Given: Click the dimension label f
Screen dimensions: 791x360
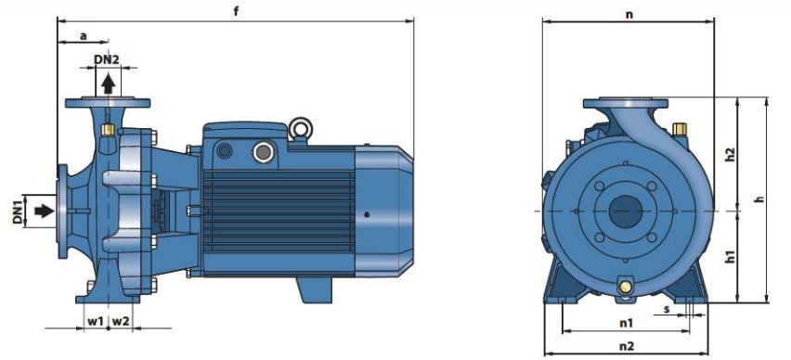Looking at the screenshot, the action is pyautogui.click(x=236, y=12).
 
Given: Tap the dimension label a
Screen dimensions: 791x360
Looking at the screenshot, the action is pyautogui.click(x=84, y=36).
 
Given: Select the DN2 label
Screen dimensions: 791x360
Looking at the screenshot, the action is pyautogui.click(x=107, y=59).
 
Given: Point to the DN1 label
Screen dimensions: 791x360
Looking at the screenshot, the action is pyautogui.click(x=19, y=212).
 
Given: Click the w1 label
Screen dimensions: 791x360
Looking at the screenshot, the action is pyautogui.click(x=95, y=321).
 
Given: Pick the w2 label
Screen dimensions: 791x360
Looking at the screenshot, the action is pyautogui.click(x=120, y=321).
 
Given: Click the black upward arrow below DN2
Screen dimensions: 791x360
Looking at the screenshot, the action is pyautogui.click(x=108, y=84).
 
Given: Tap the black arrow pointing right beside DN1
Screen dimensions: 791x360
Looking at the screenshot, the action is pyautogui.click(x=44, y=211).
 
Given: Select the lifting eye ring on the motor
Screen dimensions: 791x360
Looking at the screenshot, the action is pyautogui.click(x=300, y=128).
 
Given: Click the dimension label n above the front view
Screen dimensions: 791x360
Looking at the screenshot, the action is pyautogui.click(x=629, y=15).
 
